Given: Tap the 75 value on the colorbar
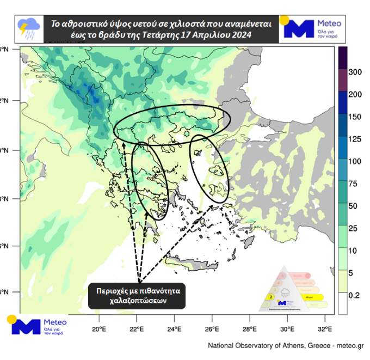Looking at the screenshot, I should (x=356, y=184).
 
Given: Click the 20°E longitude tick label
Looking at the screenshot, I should (x=99, y=329).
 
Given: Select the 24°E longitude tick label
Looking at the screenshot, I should (x=175, y=329).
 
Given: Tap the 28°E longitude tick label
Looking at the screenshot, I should (x=250, y=329).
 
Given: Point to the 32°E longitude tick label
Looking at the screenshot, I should (x=325, y=329).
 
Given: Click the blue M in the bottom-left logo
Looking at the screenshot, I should (x=26, y=326).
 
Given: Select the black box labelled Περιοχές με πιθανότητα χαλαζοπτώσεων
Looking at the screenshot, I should (x=137, y=295).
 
